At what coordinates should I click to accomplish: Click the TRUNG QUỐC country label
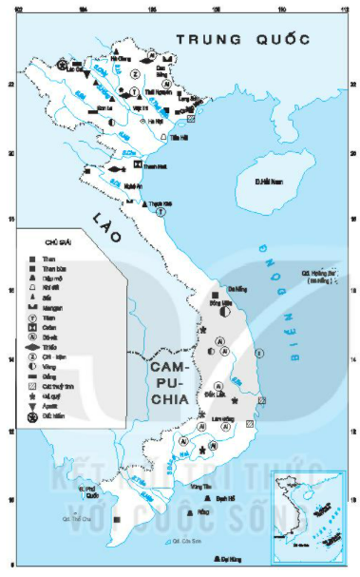pos(241,40)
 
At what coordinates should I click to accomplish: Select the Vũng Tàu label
pos(199,487)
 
